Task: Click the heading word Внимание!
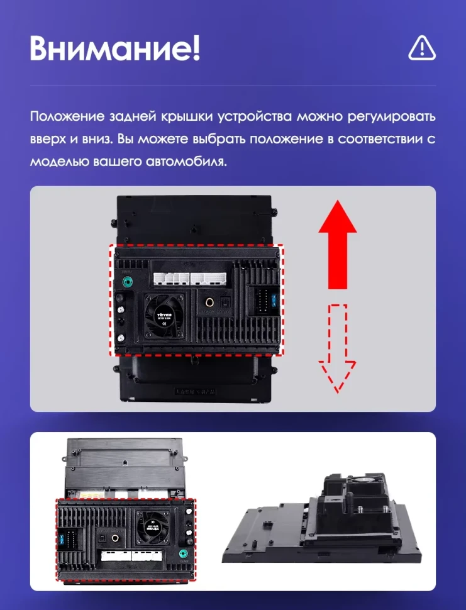pos(114,48)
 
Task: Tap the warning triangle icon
pos(421,47)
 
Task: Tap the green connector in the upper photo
pos(128,282)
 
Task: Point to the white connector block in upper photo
pos(189,278)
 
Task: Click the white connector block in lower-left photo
pos(131,556)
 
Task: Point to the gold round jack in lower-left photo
pos(115,539)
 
